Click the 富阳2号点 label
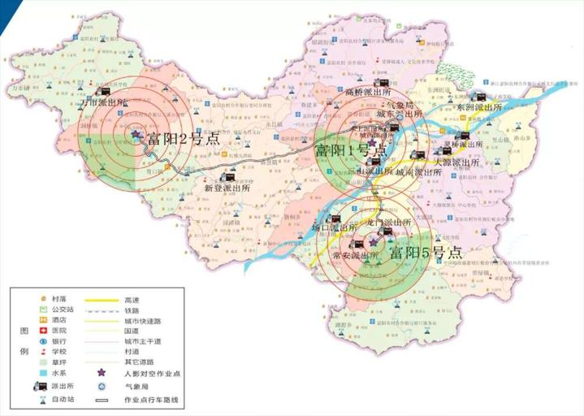[183, 138]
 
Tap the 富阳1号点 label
[350, 151]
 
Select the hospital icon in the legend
[37, 331]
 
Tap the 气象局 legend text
[136, 387]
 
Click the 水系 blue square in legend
[37, 372]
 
